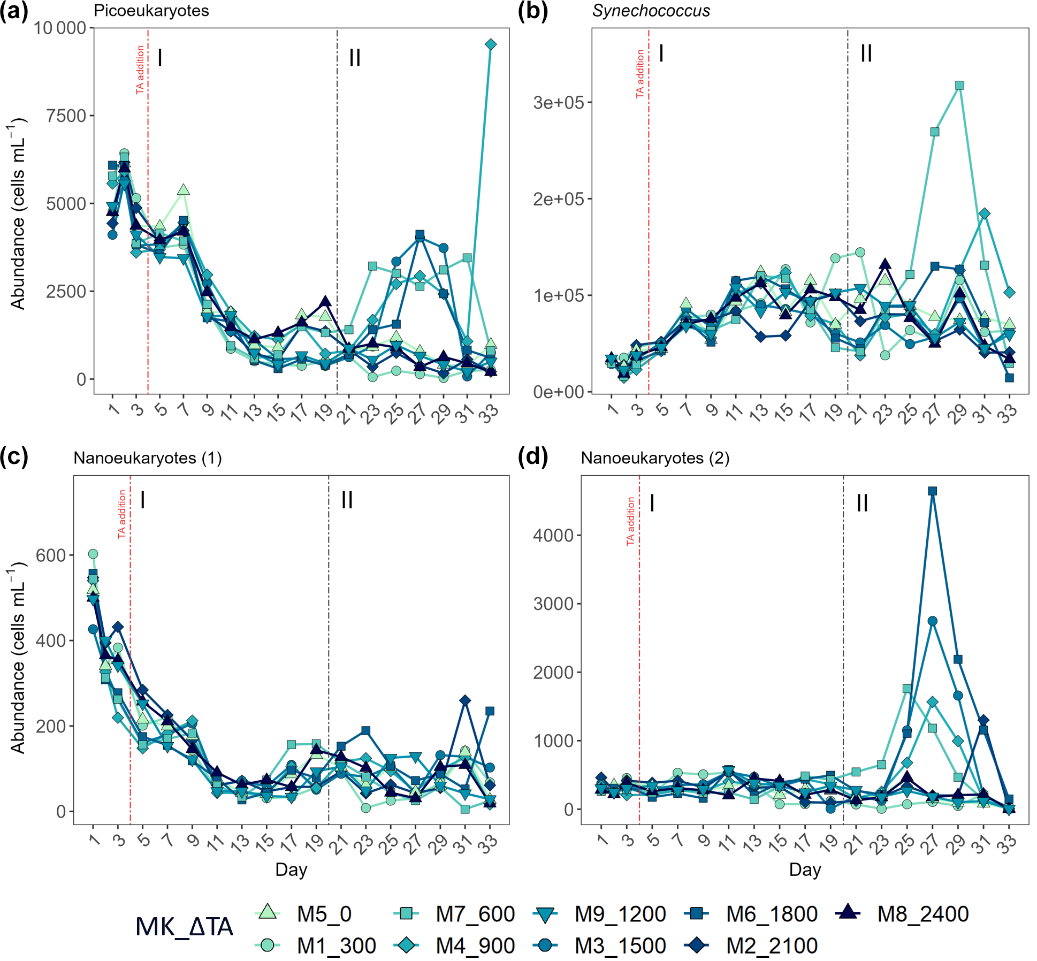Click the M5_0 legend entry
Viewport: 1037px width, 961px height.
pyautogui.click(x=305, y=914)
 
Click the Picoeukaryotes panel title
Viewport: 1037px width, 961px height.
pyautogui.click(x=151, y=11)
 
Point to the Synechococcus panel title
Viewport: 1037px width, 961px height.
pyautogui.click(x=651, y=11)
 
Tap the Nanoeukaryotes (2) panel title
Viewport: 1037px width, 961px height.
pyautogui.click(x=655, y=458)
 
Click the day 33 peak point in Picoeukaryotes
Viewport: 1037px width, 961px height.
pyautogui.click(x=491, y=44)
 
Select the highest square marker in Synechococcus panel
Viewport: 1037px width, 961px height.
pyautogui.click(x=959, y=85)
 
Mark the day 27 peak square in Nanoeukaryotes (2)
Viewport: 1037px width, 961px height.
pyautogui.click(x=932, y=491)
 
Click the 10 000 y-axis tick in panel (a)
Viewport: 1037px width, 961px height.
pyautogui.click(x=60, y=28)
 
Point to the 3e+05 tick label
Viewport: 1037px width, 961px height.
pyautogui.click(x=558, y=102)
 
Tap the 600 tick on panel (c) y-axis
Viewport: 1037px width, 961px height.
pyautogui.click(x=51, y=555)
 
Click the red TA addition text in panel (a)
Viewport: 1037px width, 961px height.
pyautogui.click(x=140, y=70)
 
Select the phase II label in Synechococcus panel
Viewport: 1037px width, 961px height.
pyautogui.click(x=866, y=54)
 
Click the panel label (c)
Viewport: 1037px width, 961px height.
pyautogui.click(x=14, y=457)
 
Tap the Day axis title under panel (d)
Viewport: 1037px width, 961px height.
pyautogui.click(x=805, y=870)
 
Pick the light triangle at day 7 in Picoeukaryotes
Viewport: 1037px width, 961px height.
pyautogui.click(x=184, y=190)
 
